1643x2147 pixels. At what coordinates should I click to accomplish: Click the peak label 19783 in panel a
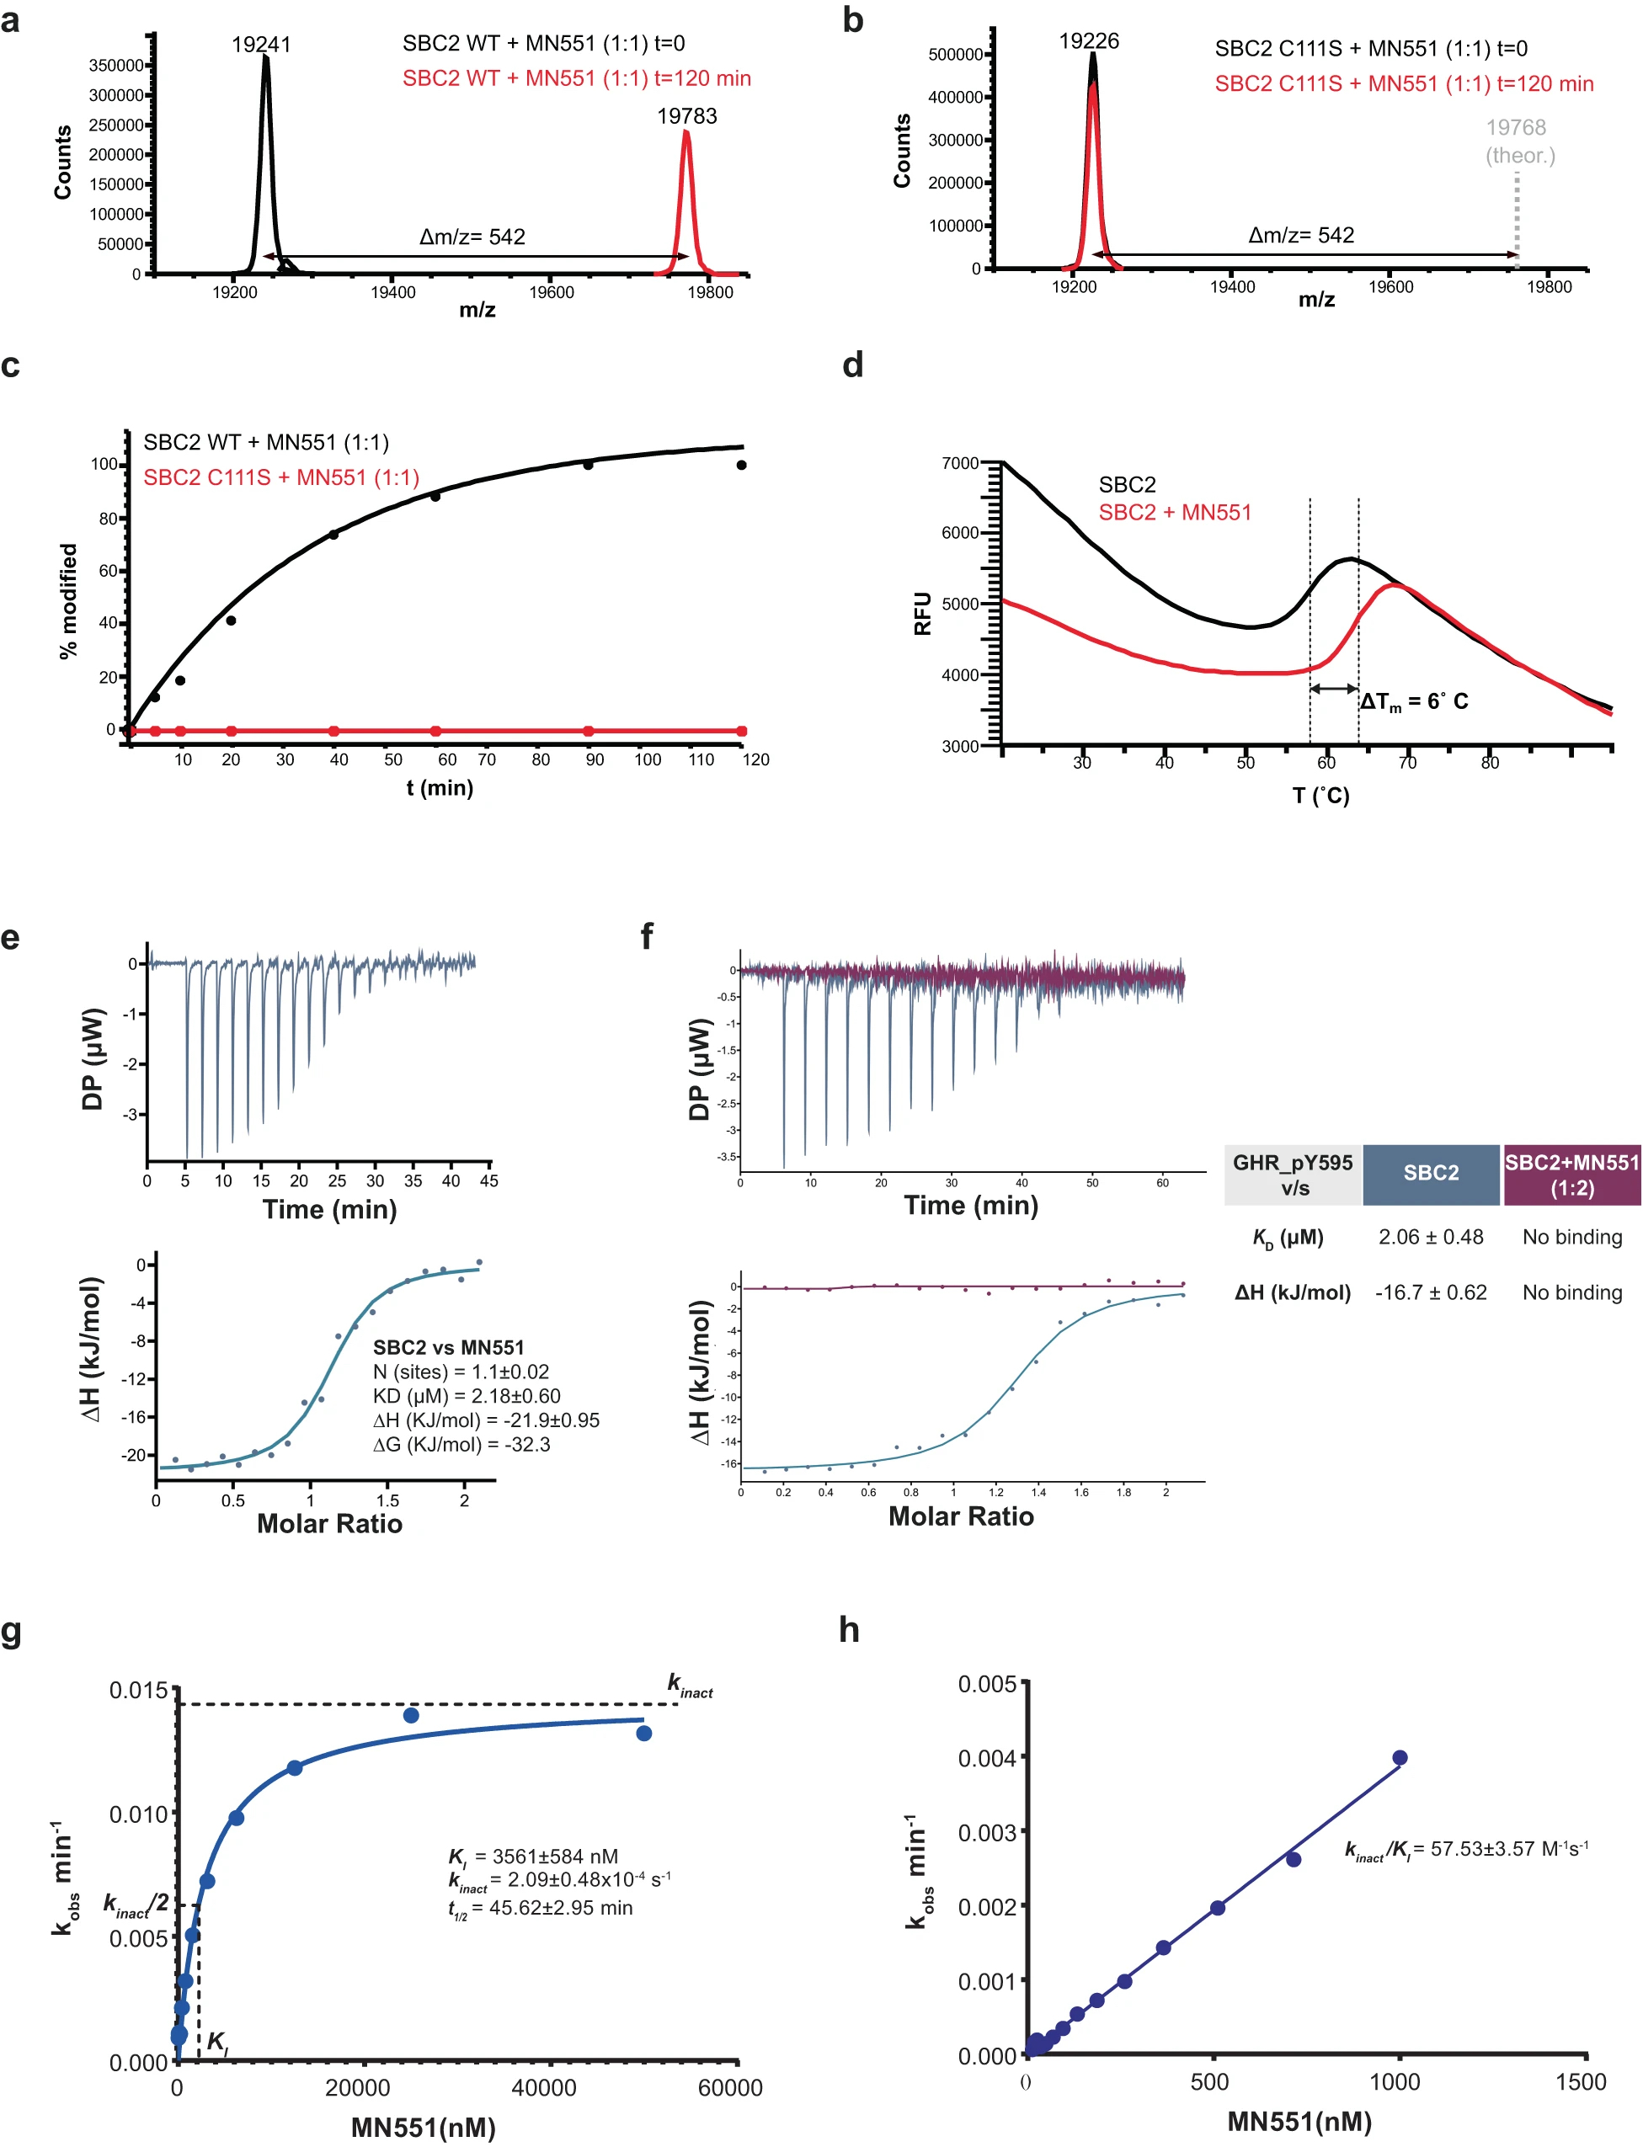[x=686, y=116]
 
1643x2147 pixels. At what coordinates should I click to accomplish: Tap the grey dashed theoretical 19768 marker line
[x=1516, y=220]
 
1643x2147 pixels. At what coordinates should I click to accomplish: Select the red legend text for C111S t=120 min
[x=1403, y=84]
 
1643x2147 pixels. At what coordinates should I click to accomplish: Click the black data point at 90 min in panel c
[x=588, y=465]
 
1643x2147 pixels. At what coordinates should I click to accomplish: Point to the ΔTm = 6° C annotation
[x=1413, y=701]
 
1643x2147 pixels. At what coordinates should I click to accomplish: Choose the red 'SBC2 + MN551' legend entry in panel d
[x=1175, y=512]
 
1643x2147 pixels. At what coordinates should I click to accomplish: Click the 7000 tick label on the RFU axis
[x=959, y=462]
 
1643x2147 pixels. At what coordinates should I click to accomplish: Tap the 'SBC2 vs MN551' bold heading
[x=448, y=1347]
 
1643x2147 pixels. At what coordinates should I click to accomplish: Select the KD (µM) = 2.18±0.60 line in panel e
[x=467, y=1396]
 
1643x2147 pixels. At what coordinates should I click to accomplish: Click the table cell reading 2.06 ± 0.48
[x=1430, y=1237]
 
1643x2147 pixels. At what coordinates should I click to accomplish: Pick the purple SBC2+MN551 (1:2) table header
[x=1571, y=1175]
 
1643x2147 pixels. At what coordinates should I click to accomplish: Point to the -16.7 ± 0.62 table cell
[x=1430, y=1292]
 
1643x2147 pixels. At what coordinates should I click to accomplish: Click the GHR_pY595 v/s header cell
[x=1292, y=1175]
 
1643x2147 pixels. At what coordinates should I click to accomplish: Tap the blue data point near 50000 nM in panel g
[x=643, y=1734]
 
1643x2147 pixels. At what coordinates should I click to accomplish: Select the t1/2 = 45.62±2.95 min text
[x=541, y=1908]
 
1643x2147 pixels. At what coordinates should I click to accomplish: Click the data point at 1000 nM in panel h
[x=1400, y=1758]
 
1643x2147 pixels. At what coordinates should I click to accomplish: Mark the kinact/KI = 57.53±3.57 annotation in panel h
[x=1466, y=1849]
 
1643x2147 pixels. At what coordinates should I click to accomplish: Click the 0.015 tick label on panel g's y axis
[x=138, y=1691]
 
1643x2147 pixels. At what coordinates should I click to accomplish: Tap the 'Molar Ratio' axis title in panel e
[x=329, y=1523]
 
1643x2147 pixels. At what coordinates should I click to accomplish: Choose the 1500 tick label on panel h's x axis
[x=1581, y=2081]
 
